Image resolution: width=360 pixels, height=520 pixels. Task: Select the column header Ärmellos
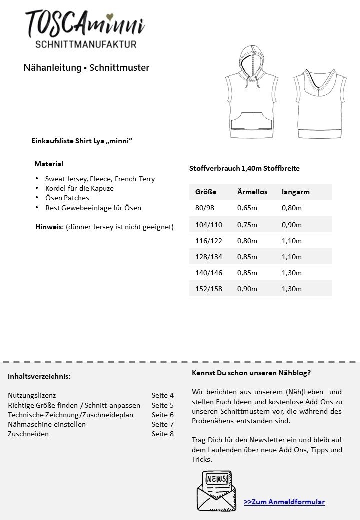[x=252, y=192]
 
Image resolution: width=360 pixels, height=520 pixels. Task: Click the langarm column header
[x=296, y=192]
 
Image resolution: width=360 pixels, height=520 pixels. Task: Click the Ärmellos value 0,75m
[x=247, y=225]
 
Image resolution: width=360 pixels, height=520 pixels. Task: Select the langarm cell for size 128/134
[x=292, y=257]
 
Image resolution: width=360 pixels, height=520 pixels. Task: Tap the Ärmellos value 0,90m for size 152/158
[x=247, y=289]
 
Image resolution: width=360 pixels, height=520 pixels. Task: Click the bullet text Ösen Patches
[x=67, y=198]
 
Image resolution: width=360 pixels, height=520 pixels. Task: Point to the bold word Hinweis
[x=50, y=227]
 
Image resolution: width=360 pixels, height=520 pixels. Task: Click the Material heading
[x=49, y=164]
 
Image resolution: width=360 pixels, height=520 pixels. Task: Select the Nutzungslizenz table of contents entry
[x=32, y=395]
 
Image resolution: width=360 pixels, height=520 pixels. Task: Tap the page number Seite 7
[x=163, y=424]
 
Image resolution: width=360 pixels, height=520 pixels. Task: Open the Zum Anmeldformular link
[x=284, y=502]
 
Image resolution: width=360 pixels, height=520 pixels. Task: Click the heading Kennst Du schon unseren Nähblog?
[x=251, y=373]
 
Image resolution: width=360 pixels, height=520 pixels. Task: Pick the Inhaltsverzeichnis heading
[x=39, y=376]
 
